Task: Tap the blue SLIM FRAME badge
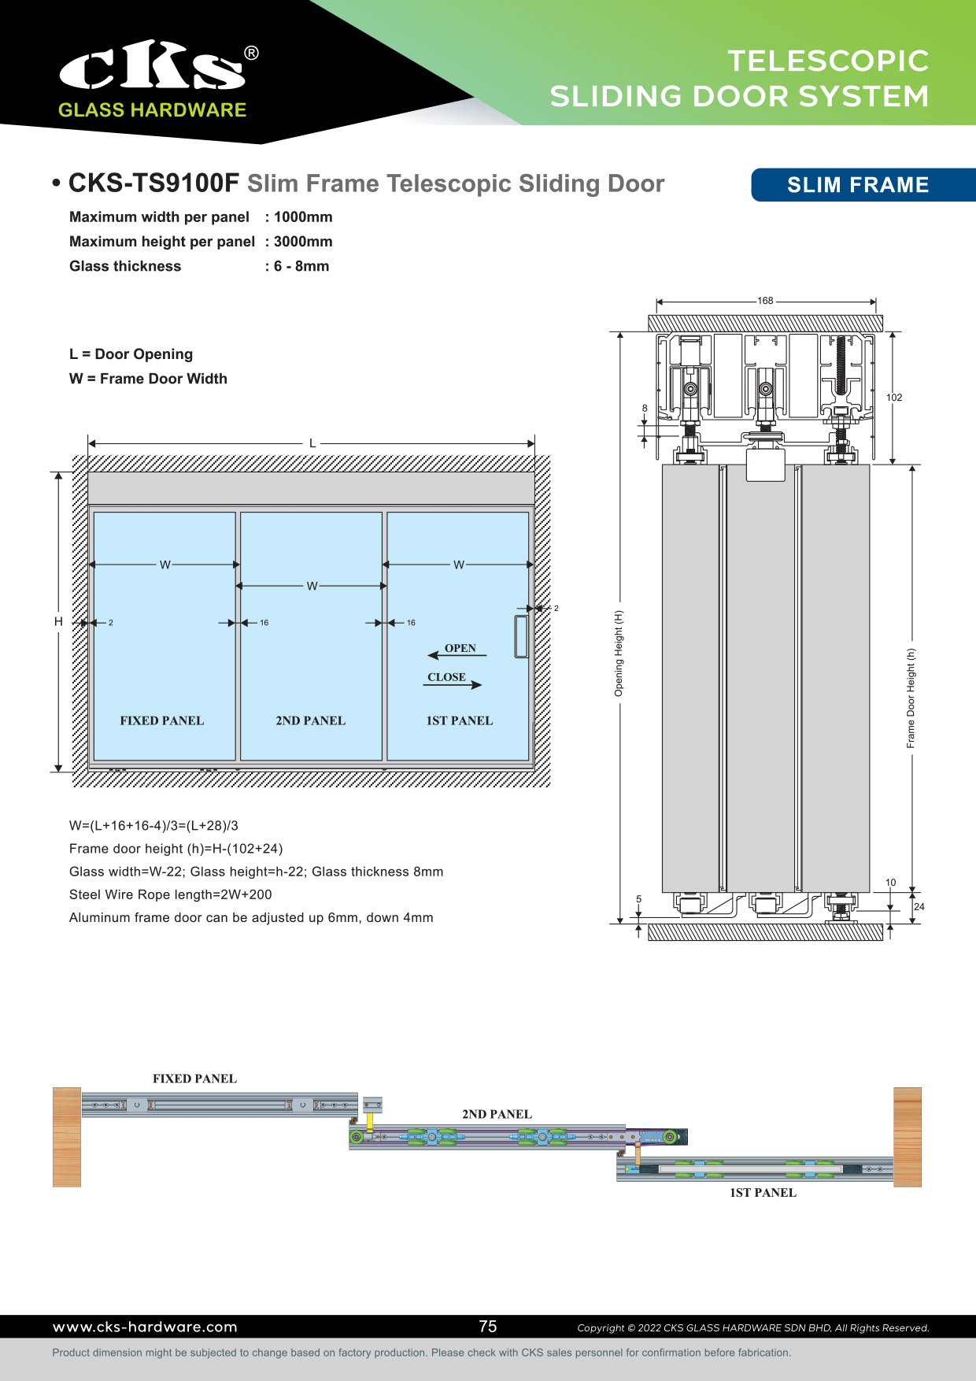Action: coord(858,185)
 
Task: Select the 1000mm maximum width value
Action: coord(303,217)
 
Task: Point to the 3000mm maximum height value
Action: coord(303,242)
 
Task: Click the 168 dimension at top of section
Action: coord(765,301)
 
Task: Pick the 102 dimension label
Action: coord(894,398)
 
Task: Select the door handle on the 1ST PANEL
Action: coord(521,636)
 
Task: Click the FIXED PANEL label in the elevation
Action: coord(161,720)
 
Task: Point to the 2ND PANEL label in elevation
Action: coord(310,720)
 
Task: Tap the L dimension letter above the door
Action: coord(312,443)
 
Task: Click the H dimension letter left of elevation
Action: coord(58,622)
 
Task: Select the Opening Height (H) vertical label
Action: coord(619,653)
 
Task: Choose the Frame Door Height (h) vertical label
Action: coord(911,698)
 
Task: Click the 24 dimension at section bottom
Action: coord(919,907)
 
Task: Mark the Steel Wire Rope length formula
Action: coord(171,894)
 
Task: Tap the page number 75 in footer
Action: coord(488,1327)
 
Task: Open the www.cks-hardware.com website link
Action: coord(145,1327)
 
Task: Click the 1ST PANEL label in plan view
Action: coord(763,1193)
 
